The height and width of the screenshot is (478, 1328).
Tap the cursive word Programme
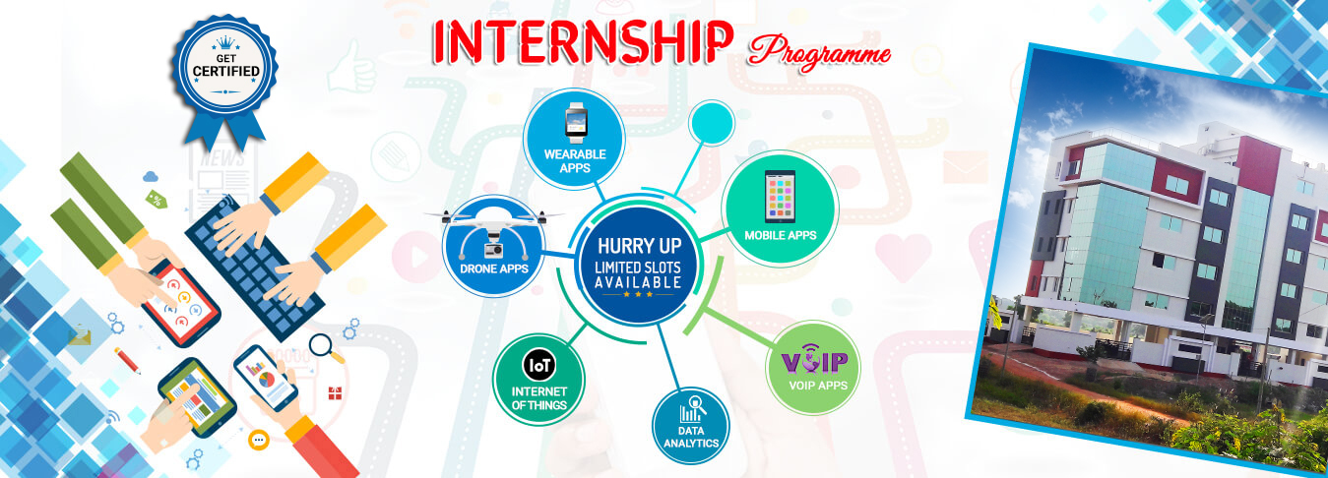click(x=819, y=54)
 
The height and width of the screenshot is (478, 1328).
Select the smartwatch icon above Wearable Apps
click(x=575, y=123)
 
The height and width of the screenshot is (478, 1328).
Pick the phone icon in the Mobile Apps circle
click(x=780, y=196)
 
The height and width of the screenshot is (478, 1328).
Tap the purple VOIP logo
click(x=814, y=359)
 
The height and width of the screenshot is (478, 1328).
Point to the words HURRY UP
click(x=639, y=245)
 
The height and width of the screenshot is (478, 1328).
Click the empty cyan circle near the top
click(x=711, y=123)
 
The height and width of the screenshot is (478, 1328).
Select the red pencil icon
click(x=127, y=360)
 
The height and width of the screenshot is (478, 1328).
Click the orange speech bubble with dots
click(x=259, y=440)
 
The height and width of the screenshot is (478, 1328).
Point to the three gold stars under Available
click(x=638, y=294)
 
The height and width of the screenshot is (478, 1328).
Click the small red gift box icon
click(x=335, y=393)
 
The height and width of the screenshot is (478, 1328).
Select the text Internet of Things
click(x=538, y=398)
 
